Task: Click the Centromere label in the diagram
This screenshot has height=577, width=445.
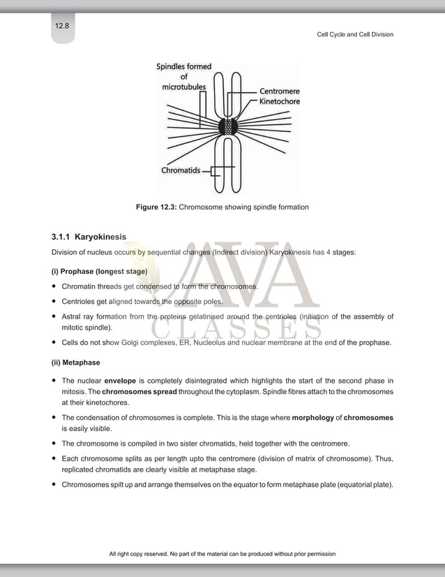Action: coord(280,91)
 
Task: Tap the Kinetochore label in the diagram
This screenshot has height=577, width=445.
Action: coord(280,101)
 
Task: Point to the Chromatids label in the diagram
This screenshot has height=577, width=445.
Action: coord(181,170)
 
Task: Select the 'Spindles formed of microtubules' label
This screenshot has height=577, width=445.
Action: coord(184,77)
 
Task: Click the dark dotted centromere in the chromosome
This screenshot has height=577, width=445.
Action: coord(229,127)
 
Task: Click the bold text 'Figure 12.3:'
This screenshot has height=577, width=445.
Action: coord(156,207)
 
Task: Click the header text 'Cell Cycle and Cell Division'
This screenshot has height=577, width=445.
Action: coord(355,34)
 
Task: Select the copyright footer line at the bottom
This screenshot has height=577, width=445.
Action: coord(222,554)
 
